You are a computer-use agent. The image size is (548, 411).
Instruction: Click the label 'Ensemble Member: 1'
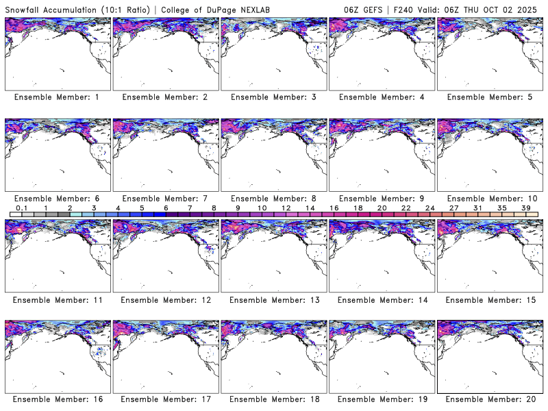click(57, 97)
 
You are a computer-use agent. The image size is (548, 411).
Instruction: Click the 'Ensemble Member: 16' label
click(57, 399)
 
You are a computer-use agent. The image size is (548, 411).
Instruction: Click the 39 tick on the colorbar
click(526, 208)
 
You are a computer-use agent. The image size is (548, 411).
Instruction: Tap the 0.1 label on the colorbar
click(21, 208)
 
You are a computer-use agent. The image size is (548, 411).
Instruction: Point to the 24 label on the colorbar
click(429, 208)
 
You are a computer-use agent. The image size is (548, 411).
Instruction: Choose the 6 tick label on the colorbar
click(166, 208)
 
